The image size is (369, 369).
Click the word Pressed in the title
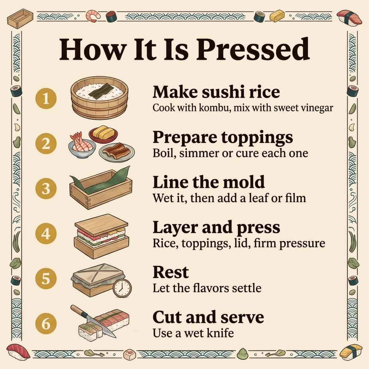click(253, 49)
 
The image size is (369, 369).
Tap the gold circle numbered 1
click(46, 98)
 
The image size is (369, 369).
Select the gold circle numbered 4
click(46, 233)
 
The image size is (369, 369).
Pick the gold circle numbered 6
click(46, 323)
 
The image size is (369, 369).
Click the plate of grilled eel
click(117, 152)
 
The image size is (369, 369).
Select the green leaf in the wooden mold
click(100, 181)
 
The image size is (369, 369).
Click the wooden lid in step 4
click(101, 225)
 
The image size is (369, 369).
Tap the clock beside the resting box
click(122, 288)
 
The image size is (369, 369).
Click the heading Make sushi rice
click(216, 92)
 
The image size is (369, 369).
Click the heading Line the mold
click(209, 182)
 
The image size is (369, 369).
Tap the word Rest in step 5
click(171, 272)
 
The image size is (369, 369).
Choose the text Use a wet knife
click(193, 333)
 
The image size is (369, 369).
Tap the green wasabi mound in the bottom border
click(242, 354)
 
